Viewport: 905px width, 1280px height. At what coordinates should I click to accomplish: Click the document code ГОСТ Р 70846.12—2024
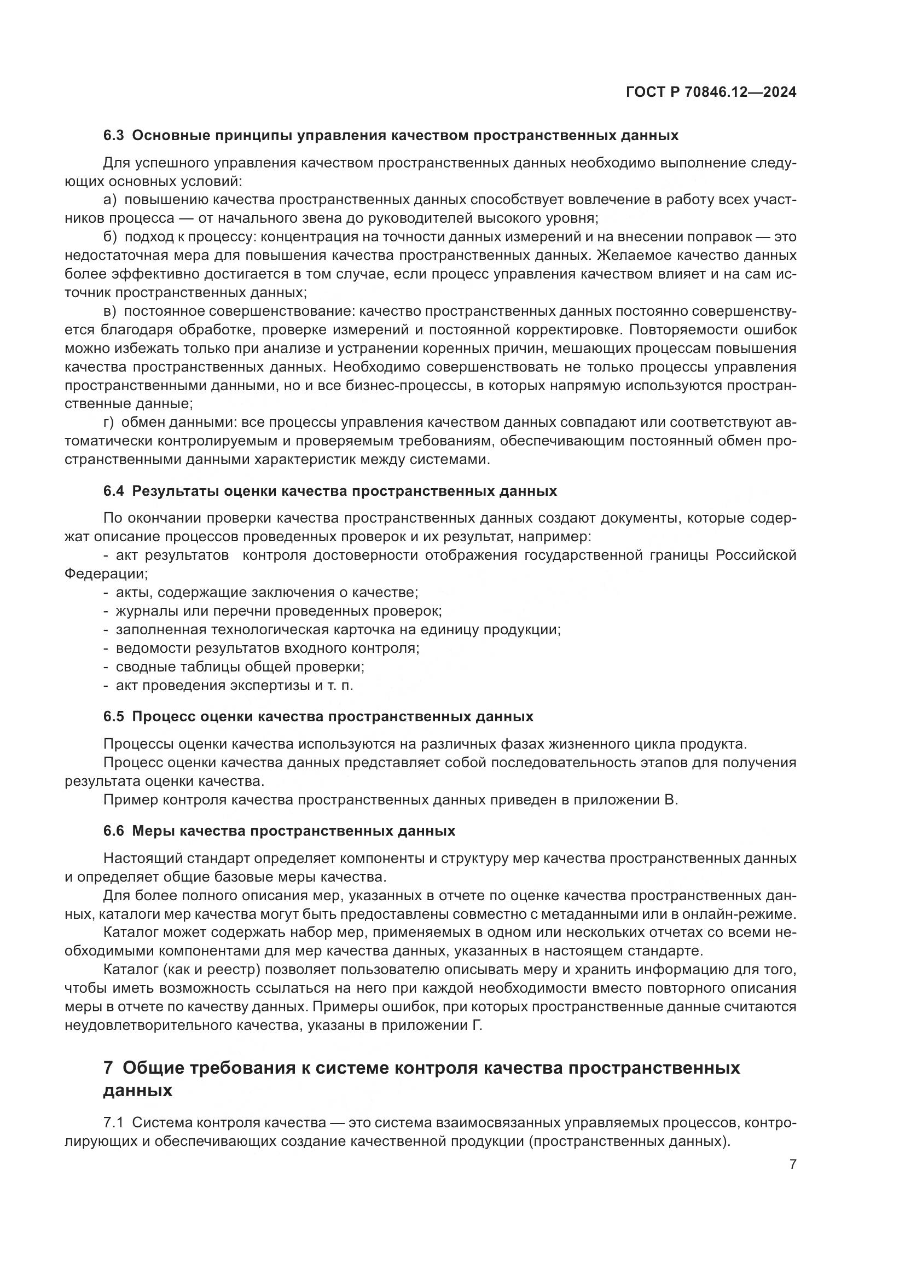(711, 92)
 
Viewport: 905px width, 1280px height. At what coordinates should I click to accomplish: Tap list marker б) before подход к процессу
(111, 237)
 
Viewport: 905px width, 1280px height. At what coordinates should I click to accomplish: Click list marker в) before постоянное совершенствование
(111, 311)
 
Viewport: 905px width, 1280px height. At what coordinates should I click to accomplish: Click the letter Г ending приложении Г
(477, 1025)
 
